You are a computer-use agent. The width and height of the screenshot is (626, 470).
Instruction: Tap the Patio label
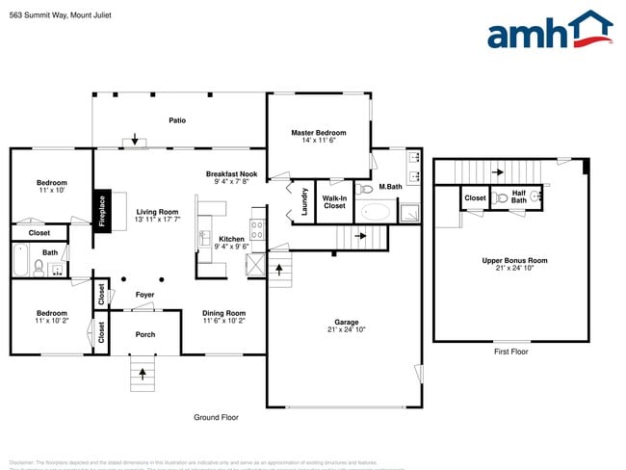pos(177,120)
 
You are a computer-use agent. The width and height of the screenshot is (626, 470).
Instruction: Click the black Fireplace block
pos(101,211)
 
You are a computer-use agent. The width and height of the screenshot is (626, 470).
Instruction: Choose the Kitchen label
pos(231,239)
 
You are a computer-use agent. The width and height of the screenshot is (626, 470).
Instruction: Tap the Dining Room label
pos(223,313)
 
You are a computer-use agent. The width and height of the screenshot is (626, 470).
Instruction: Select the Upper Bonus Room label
pos(514,260)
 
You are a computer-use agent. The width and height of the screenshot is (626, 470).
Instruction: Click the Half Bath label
pos(518,197)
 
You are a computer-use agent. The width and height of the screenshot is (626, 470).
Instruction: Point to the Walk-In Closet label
pos(334,201)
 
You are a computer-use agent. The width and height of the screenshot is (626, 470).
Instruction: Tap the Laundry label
pos(305,200)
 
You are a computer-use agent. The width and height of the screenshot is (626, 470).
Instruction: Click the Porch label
pos(144,334)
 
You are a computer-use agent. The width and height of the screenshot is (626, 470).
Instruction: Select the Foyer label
pos(144,294)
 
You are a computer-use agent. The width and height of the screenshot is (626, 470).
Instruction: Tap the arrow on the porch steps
pos(143,372)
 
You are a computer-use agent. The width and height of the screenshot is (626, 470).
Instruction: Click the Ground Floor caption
pos(216,417)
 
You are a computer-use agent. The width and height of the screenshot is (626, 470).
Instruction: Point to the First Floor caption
pos(509,352)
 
